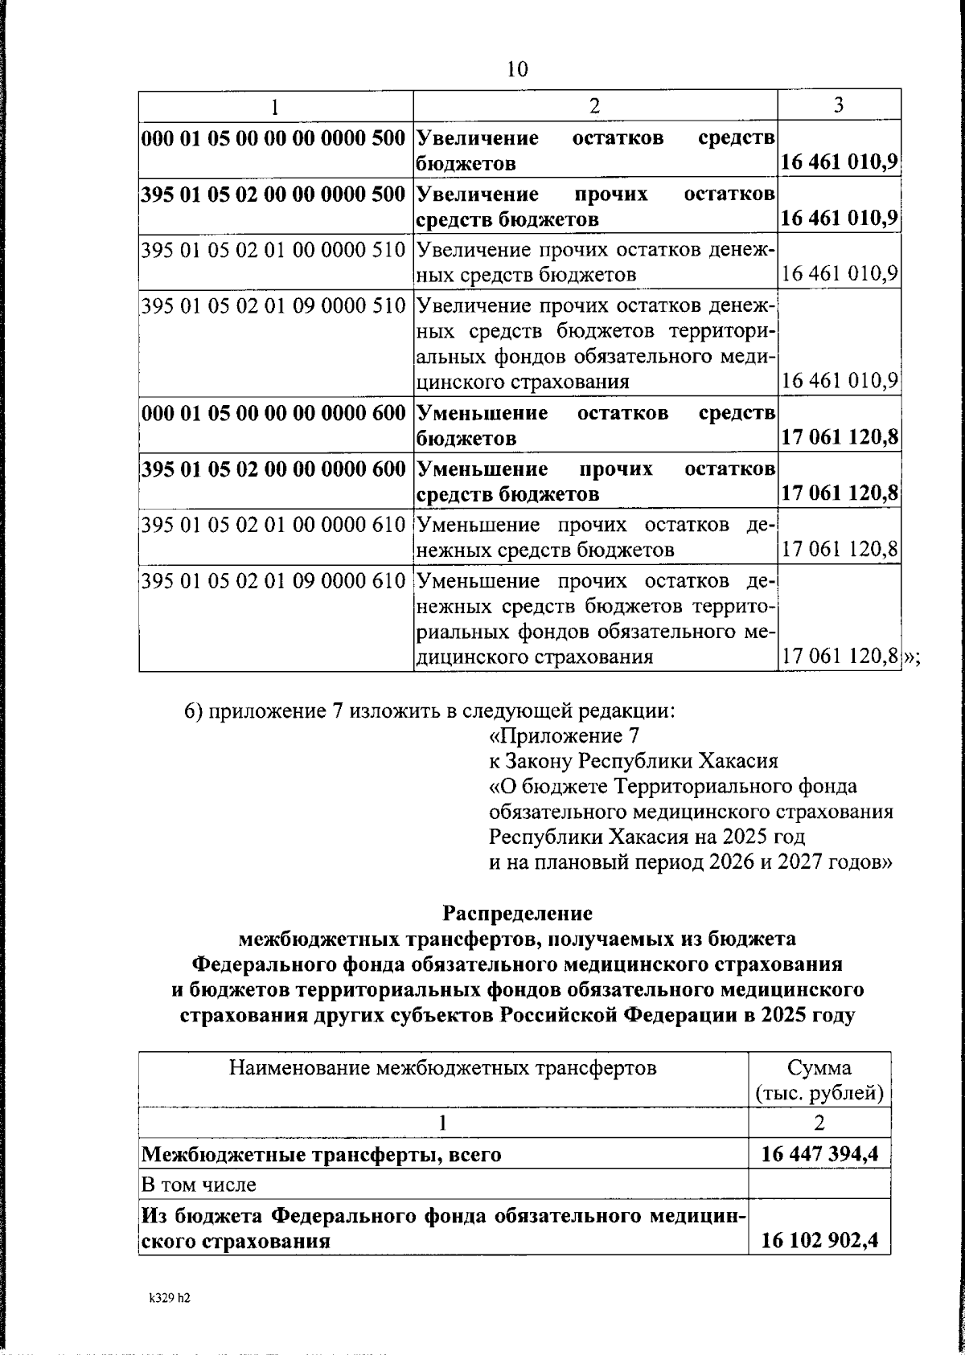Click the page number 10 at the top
click(517, 69)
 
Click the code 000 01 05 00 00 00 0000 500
click(273, 138)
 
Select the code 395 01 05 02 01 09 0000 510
click(273, 305)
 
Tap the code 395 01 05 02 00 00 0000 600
click(273, 469)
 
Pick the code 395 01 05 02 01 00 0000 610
click(273, 525)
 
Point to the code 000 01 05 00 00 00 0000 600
click(273, 413)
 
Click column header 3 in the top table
click(839, 105)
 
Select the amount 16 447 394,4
click(819, 1155)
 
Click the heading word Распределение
click(517, 913)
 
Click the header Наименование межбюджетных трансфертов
click(443, 1068)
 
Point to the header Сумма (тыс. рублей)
click(819, 1080)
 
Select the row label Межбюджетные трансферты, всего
click(322, 1155)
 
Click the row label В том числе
click(199, 1185)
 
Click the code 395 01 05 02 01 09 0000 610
click(273, 580)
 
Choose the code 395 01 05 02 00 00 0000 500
click(273, 194)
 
